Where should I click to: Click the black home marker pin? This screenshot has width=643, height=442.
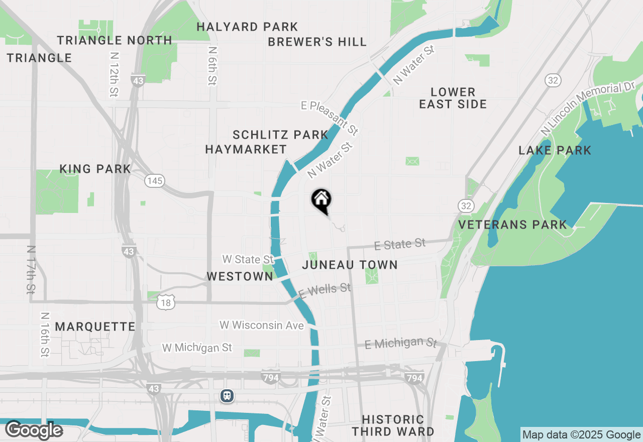coord(321,200)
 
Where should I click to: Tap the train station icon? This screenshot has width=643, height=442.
coord(227,396)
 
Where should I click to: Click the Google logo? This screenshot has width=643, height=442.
coord(34,430)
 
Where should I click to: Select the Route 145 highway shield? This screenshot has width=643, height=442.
coord(155,181)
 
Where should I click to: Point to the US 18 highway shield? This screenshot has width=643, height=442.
coord(166,303)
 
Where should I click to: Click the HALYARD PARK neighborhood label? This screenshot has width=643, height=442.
coord(247,27)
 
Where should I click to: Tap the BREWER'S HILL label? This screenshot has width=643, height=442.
coord(317,42)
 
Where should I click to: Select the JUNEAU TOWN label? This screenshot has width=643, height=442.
coord(350,265)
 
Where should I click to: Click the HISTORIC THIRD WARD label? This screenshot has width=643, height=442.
coord(393,425)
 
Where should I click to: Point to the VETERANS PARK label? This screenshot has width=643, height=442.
coord(512,225)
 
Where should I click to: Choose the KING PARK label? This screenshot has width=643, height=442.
coord(95,169)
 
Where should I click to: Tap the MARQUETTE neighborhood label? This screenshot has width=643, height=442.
coord(95,326)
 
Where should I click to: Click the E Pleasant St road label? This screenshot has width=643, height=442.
coord(330,118)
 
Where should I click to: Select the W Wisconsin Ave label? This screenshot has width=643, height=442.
coord(262,325)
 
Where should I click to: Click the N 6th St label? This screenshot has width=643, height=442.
coord(213,65)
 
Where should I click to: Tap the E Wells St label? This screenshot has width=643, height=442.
coord(325,290)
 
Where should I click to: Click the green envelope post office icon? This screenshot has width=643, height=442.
coord(412,161)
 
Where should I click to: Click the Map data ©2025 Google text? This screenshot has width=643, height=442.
coord(581,435)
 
